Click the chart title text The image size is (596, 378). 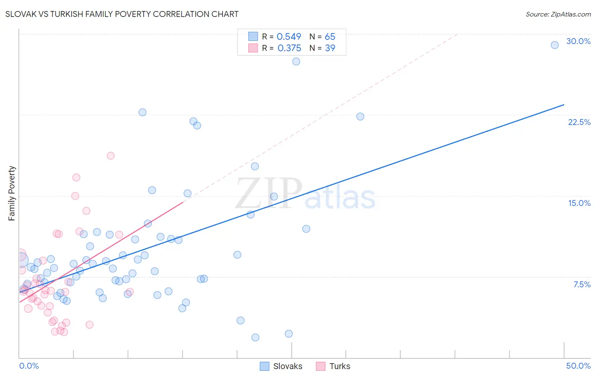(122, 14)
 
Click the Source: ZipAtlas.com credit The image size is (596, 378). (558, 14)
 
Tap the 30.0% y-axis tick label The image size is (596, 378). (578, 41)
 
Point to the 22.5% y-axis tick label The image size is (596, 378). (579, 122)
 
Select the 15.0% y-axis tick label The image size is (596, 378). (579, 203)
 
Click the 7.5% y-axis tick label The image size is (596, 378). (582, 284)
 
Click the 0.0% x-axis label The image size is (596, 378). (29, 366)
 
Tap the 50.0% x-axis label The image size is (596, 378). (578, 366)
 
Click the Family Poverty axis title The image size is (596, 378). (11, 193)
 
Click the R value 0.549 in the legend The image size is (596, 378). (289, 37)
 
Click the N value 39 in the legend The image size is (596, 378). (330, 48)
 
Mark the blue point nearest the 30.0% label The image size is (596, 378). (554, 45)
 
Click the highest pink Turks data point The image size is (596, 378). (111, 156)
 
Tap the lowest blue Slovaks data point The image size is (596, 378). (255, 337)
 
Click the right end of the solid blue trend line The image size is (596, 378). (564, 104)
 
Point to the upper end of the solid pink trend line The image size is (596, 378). (183, 202)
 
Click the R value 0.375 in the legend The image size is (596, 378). (289, 48)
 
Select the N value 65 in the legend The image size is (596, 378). (330, 37)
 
